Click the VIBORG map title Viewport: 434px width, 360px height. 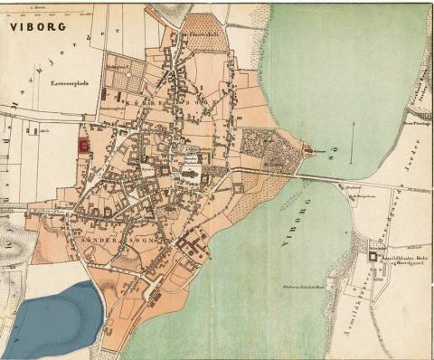click(38, 27)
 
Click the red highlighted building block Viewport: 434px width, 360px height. click(84, 145)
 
